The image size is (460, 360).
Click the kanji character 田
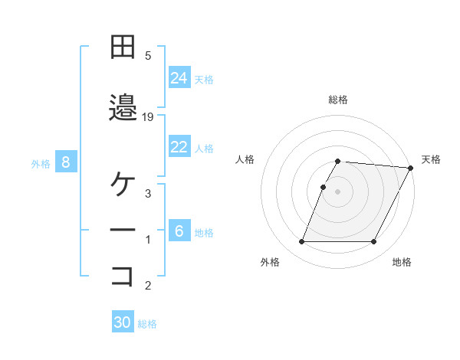tap(122, 49)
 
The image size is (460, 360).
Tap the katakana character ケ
tap(122, 185)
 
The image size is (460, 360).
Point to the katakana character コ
tap(122, 277)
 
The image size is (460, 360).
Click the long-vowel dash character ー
tap(122, 231)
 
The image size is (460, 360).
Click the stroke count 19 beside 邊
tap(149, 117)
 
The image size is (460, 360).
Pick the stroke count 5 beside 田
tap(148, 56)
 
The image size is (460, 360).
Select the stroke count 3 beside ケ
tap(148, 194)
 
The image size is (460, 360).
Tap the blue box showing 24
tap(179, 77)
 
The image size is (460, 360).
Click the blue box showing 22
tap(179, 147)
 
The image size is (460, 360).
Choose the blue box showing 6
tap(179, 231)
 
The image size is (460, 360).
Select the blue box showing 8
tap(66, 162)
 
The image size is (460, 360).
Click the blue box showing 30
tap(122, 322)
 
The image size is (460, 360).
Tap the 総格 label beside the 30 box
tap(147, 324)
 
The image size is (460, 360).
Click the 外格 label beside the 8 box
tap(41, 163)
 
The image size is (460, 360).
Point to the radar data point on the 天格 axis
tap(411, 168)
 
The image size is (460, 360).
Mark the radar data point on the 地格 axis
tap(374, 242)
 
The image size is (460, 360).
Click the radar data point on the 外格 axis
tap(301, 242)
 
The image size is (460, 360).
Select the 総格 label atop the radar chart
tap(337, 100)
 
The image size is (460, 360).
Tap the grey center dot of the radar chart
tap(337, 191)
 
